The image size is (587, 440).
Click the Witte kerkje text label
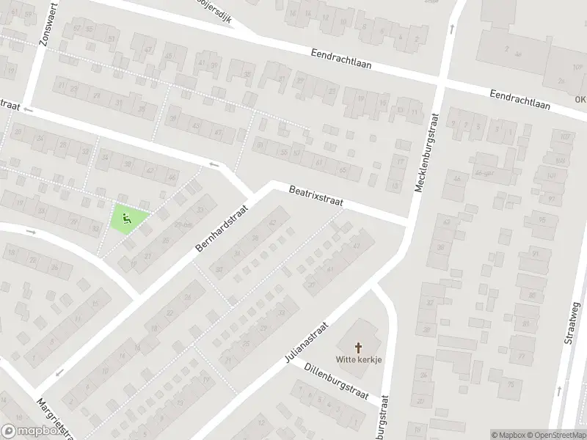point(360,359)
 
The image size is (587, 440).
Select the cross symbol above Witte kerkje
point(360,346)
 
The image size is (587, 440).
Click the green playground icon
point(126,217)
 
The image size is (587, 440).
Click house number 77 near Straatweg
point(522,356)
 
